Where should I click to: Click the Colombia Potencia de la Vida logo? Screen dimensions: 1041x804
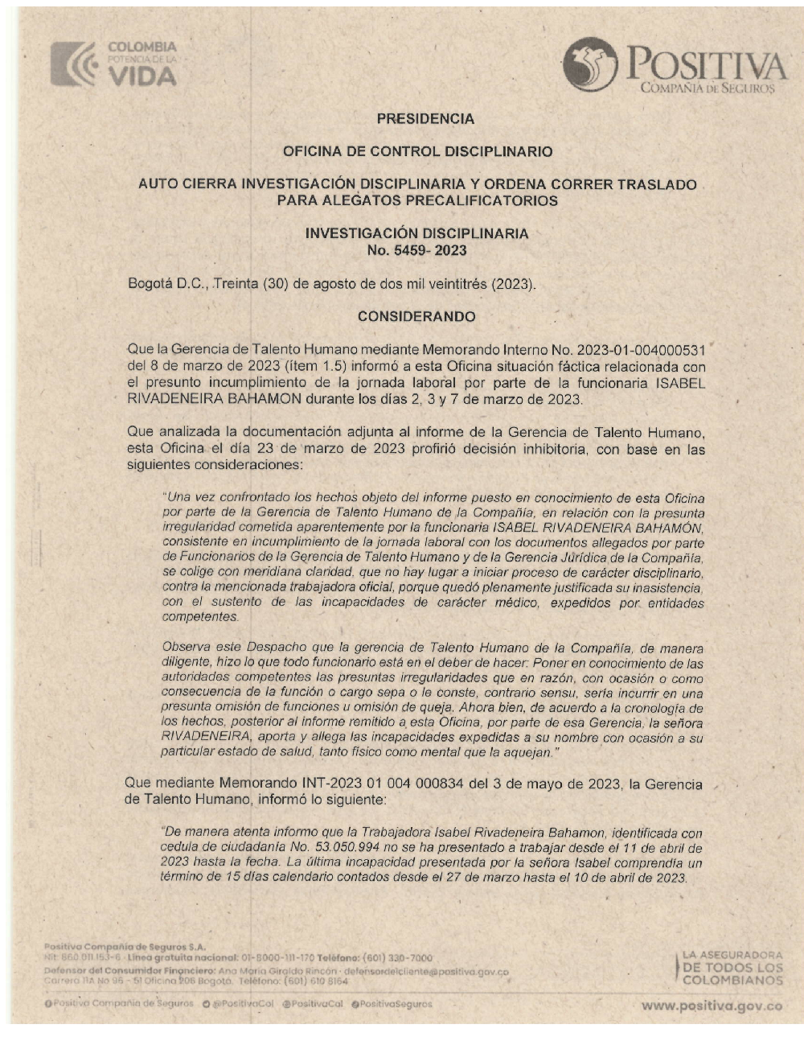point(113,64)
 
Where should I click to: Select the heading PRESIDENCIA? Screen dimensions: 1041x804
point(425,119)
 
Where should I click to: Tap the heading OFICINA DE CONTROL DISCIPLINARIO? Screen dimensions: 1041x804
point(417,151)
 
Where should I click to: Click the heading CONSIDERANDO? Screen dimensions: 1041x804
point(416,317)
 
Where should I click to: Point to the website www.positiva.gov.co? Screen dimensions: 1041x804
point(712,1006)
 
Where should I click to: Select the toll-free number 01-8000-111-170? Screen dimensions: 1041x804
point(277,958)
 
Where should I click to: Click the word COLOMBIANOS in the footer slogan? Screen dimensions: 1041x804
point(732,981)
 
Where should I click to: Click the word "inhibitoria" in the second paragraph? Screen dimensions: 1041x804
point(553,450)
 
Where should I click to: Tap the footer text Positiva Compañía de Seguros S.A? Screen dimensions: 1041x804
point(124,947)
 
